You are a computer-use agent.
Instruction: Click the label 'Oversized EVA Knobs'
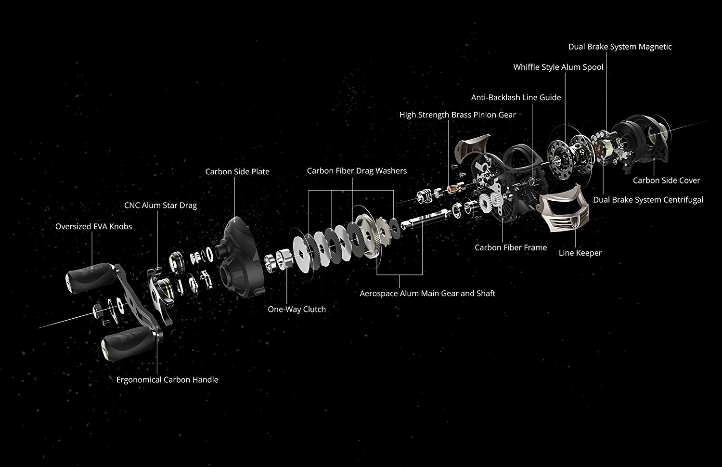(93, 226)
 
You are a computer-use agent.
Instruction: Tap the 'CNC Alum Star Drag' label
(160, 206)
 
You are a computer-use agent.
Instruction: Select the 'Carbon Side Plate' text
(237, 172)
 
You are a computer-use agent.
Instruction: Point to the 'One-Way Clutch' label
(297, 310)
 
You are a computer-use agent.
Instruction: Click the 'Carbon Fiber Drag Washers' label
(357, 171)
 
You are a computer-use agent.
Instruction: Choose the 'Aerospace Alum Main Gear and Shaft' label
(427, 293)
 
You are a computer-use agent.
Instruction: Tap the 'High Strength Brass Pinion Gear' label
(457, 115)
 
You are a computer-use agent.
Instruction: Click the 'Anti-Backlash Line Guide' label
(516, 97)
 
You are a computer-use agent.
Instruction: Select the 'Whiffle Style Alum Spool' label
(558, 67)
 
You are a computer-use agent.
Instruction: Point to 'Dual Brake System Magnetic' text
(620, 47)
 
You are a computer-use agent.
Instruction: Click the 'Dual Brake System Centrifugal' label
(648, 200)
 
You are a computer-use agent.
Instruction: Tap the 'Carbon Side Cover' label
(666, 181)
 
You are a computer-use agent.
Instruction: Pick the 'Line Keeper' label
(580, 253)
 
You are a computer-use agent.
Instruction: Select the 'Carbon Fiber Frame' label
(511, 247)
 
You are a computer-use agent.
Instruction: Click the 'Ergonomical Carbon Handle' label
(167, 380)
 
